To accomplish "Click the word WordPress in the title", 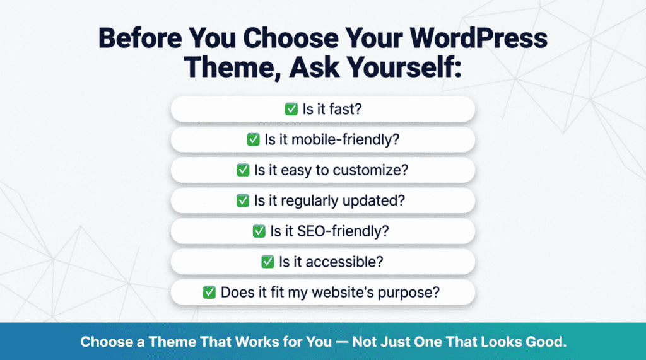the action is coord(478,38).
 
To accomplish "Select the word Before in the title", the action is coord(140,38).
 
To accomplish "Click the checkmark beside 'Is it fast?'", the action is coord(291,109).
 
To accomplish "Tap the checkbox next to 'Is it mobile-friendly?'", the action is coord(254,139).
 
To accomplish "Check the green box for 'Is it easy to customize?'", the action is coord(243,170).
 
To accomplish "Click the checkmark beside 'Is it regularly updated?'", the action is coord(243,200).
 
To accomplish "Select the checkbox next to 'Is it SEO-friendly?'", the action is coord(259,231).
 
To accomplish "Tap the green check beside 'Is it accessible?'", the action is coord(267,262).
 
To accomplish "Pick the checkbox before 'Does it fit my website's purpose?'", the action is coord(209,293).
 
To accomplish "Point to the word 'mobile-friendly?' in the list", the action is coord(346,139).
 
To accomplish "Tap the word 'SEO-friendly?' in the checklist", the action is coord(343,231).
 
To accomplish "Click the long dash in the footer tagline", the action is coord(342,342).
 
